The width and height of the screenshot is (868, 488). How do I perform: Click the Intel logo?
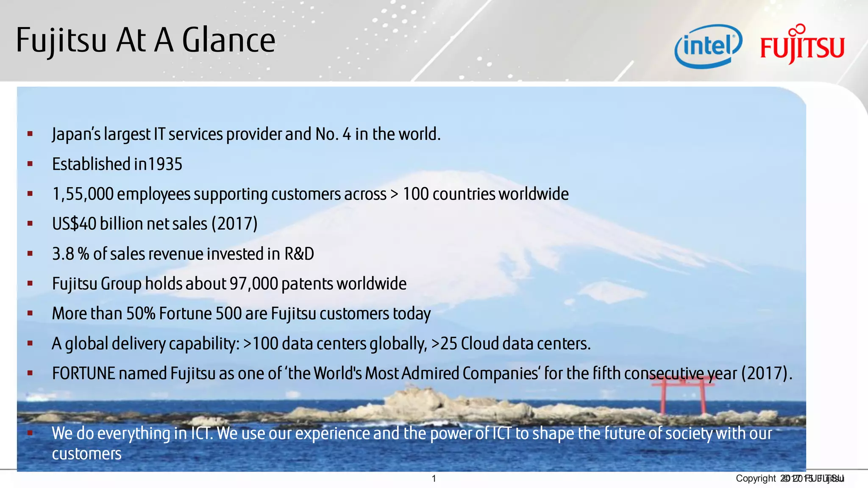tap(708, 46)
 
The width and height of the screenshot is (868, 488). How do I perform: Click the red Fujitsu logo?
tap(802, 45)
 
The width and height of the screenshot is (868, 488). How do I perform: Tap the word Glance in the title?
tap(228, 40)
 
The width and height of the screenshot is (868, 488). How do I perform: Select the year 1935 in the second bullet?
tap(165, 164)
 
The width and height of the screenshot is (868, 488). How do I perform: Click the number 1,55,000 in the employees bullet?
tap(83, 194)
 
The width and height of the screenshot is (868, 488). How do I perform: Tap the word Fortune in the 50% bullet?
tap(185, 314)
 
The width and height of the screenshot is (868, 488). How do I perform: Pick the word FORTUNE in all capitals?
tap(83, 374)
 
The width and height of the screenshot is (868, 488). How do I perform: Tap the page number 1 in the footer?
tap(434, 479)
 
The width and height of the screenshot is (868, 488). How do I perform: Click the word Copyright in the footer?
tap(755, 479)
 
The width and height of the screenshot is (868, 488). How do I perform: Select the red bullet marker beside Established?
tap(30, 164)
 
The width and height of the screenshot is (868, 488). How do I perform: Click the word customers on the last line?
tap(86, 454)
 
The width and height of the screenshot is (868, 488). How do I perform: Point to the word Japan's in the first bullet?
tap(76, 134)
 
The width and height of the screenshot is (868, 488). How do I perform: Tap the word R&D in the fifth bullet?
tap(299, 254)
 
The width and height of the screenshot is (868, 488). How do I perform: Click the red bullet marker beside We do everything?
tap(30, 433)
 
